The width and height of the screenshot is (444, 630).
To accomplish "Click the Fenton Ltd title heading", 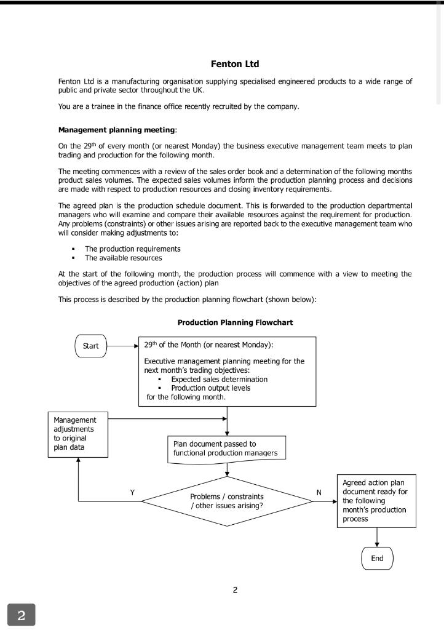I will point(235,64).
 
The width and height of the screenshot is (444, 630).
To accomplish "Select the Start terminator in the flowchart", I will point(90,346).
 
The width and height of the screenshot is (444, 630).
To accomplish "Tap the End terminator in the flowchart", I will point(377,558).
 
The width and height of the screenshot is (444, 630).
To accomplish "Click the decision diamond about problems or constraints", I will point(227,501).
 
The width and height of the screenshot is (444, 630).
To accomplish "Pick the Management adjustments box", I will point(77,434).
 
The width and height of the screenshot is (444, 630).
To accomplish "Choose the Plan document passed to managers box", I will point(226,449).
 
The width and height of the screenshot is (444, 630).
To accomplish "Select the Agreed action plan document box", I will point(376,501).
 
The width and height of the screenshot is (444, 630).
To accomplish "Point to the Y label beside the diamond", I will point(132,492).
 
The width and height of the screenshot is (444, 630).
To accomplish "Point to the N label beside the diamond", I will point(319,492).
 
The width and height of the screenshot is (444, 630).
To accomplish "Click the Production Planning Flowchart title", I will point(235,322).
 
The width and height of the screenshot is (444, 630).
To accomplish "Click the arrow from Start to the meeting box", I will point(123,346).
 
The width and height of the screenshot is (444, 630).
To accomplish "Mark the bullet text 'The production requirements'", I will point(133,249).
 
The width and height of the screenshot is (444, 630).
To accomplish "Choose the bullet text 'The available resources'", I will point(124,258).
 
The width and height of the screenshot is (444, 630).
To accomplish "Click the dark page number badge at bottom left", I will point(22,615).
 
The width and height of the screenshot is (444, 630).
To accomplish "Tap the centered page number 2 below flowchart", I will point(235,591).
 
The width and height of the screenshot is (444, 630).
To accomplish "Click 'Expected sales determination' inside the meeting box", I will point(219,380).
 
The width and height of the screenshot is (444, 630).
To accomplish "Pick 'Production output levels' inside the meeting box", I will point(210,388).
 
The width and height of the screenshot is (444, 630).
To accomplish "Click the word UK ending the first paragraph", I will point(198,90).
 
